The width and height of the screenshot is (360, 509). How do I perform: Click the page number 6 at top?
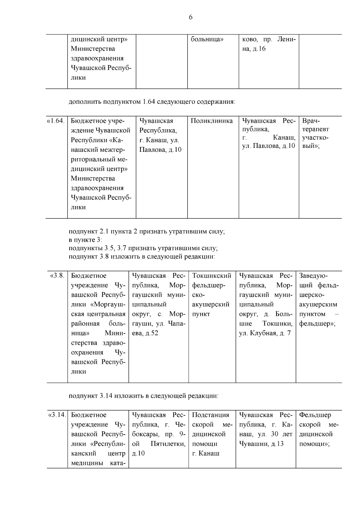[190, 17]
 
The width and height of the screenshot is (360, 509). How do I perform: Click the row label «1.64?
[56, 121]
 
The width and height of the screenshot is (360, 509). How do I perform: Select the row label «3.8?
[57, 276]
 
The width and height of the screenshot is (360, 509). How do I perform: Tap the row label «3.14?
[57, 415]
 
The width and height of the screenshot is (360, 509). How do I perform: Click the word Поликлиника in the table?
[211, 121]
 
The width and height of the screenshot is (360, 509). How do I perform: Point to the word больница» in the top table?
[207, 39]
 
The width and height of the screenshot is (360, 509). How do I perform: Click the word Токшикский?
[211, 276]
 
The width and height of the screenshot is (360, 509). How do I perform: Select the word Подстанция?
[211, 415]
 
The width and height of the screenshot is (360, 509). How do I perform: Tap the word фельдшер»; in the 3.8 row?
[317, 324]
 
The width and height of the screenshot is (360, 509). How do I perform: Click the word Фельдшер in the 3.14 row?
[315, 415]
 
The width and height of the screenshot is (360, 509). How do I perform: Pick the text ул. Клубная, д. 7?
[265, 333]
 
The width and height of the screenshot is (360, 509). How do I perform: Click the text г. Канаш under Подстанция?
[206, 453]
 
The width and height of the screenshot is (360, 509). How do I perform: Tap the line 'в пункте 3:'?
[85, 240]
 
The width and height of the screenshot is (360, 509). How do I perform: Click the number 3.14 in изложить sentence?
[106, 396]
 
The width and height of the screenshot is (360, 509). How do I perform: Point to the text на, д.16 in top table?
[254, 49]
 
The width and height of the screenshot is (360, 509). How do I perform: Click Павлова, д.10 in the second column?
[160, 150]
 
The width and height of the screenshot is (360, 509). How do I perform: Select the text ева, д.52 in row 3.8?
[145, 333]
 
